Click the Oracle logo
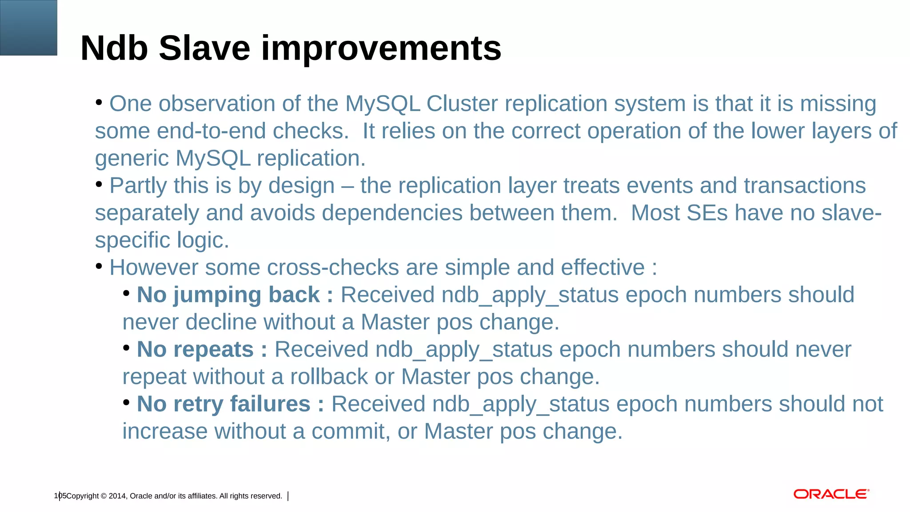coord(831,494)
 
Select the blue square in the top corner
coord(28,28)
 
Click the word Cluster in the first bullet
coord(462,104)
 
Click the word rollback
coord(329,377)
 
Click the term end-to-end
coord(211,131)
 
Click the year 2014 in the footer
coord(117,496)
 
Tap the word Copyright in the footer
coord(83,496)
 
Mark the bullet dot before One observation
coord(99,103)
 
